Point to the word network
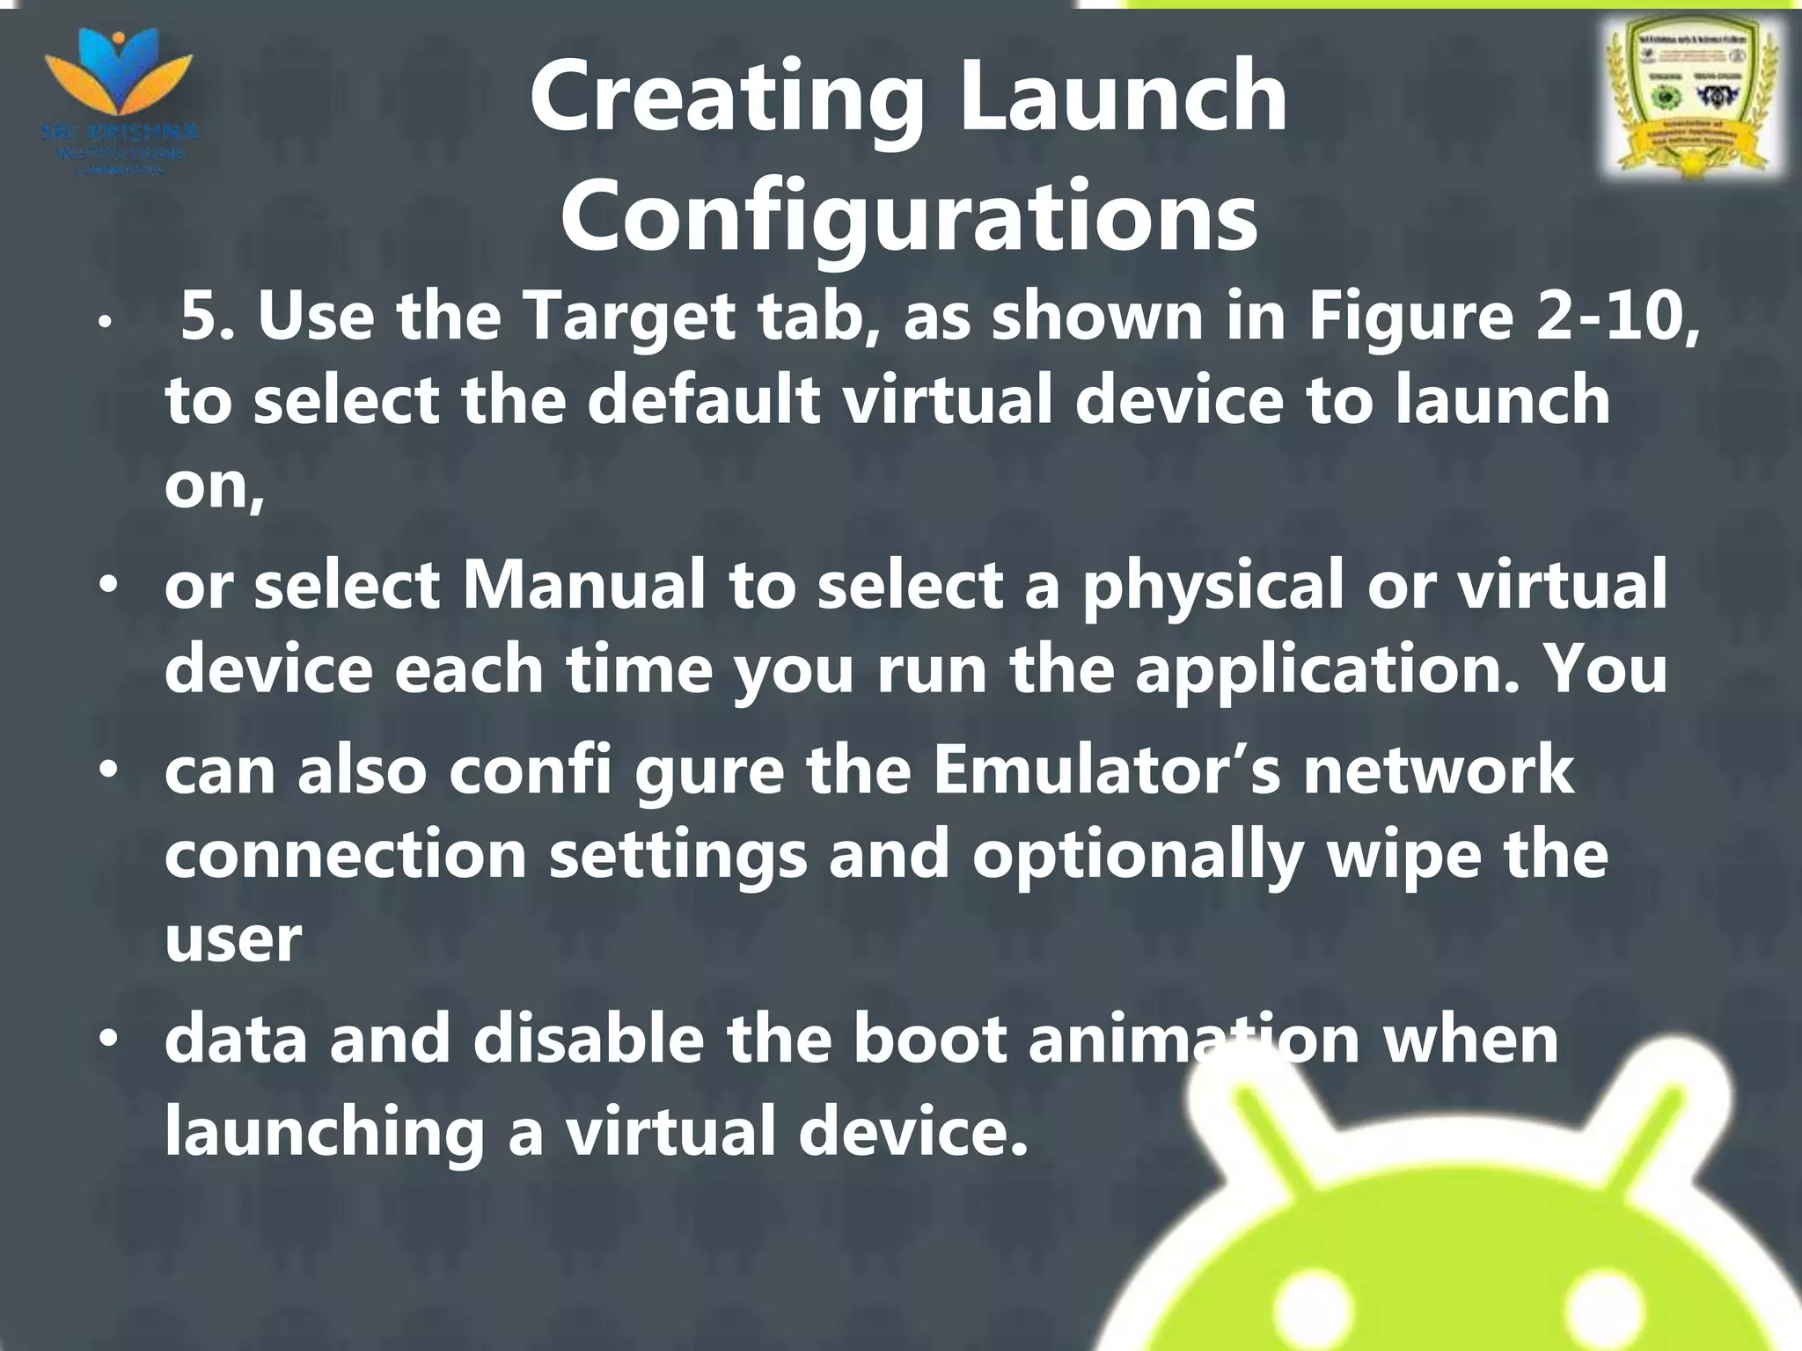(1438, 770)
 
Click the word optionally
(1137, 856)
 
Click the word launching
(324, 1132)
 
